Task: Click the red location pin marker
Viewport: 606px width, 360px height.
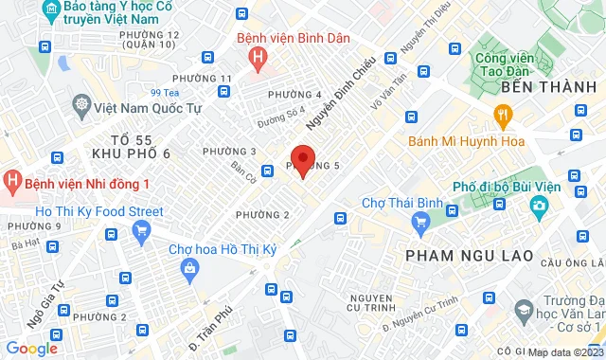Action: tap(302, 159)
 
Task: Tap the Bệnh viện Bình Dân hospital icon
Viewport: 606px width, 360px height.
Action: tap(253, 58)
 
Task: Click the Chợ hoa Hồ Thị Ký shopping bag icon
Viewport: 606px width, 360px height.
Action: tap(191, 268)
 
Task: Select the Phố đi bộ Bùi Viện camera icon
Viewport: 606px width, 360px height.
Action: tap(539, 205)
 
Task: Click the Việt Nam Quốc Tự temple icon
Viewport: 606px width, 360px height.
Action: tap(82, 104)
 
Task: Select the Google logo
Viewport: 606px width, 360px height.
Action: tap(30, 349)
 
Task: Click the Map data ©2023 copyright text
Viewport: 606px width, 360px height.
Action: tap(564, 352)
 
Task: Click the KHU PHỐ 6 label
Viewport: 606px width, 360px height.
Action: tap(126, 153)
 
